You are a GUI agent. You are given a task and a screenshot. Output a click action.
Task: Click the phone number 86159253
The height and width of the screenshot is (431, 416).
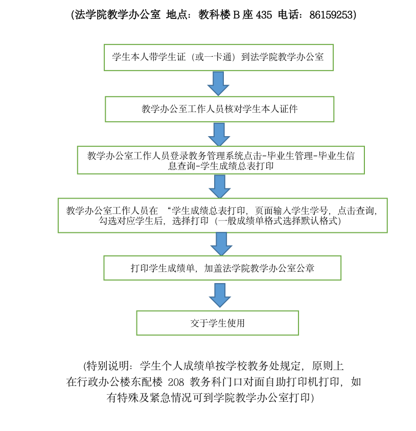point(331,15)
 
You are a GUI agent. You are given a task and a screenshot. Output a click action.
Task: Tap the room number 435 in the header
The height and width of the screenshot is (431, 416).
point(264,15)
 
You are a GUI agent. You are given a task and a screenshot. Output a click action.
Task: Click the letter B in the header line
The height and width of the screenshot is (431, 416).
point(236,15)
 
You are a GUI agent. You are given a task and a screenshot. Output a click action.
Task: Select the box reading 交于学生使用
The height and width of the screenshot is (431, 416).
point(217,323)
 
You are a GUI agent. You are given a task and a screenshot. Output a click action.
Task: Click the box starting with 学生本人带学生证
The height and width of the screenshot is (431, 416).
point(219,57)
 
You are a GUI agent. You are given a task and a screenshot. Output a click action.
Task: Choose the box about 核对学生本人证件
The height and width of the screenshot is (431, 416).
point(220,109)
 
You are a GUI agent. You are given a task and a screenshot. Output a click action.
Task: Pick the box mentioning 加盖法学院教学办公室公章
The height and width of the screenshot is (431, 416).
point(222,268)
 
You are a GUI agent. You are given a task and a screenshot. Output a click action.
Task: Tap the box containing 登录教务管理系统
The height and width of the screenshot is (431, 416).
point(221,160)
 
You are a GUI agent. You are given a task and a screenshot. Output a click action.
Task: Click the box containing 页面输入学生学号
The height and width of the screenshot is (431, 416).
point(222,216)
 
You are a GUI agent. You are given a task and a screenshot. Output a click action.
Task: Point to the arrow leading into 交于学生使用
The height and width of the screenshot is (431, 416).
point(220,295)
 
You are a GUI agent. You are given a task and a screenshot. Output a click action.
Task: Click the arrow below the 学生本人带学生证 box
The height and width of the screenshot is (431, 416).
point(218,83)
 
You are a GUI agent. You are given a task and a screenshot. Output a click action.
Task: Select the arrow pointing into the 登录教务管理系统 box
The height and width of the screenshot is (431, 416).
point(219,135)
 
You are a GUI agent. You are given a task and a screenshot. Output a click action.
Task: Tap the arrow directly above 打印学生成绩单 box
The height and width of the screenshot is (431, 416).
point(221,244)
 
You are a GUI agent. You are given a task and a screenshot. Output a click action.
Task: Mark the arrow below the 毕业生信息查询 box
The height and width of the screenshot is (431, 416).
point(220,187)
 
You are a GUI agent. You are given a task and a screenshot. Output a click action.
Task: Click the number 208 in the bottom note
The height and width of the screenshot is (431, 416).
point(176,382)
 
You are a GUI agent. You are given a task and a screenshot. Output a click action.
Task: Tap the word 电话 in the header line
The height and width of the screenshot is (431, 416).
point(288,15)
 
